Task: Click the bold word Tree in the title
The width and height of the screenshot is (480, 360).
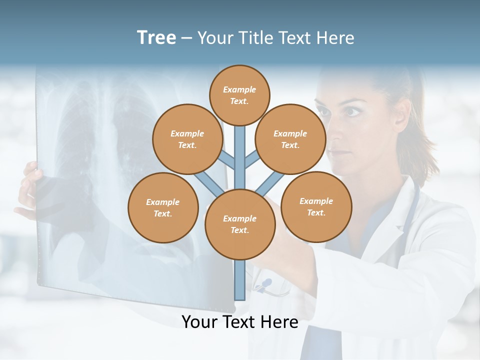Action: (x=156, y=37)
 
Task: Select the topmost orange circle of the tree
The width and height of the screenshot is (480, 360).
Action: (x=239, y=95)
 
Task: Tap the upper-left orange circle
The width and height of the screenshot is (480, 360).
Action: (x=187, y=139)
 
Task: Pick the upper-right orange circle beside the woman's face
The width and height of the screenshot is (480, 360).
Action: (x=290, y=139)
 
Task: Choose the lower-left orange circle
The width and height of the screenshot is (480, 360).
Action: (x=163, y=207)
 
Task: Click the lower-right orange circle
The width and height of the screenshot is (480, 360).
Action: (x=316, y=206)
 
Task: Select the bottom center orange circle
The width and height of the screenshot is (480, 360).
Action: (x=240, y=224)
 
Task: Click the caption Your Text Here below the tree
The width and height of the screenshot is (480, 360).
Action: (x=240, y=322)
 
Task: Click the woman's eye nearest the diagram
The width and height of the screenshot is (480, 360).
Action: (x=352, y=111)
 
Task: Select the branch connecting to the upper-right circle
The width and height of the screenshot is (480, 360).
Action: (x=252, y=159)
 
